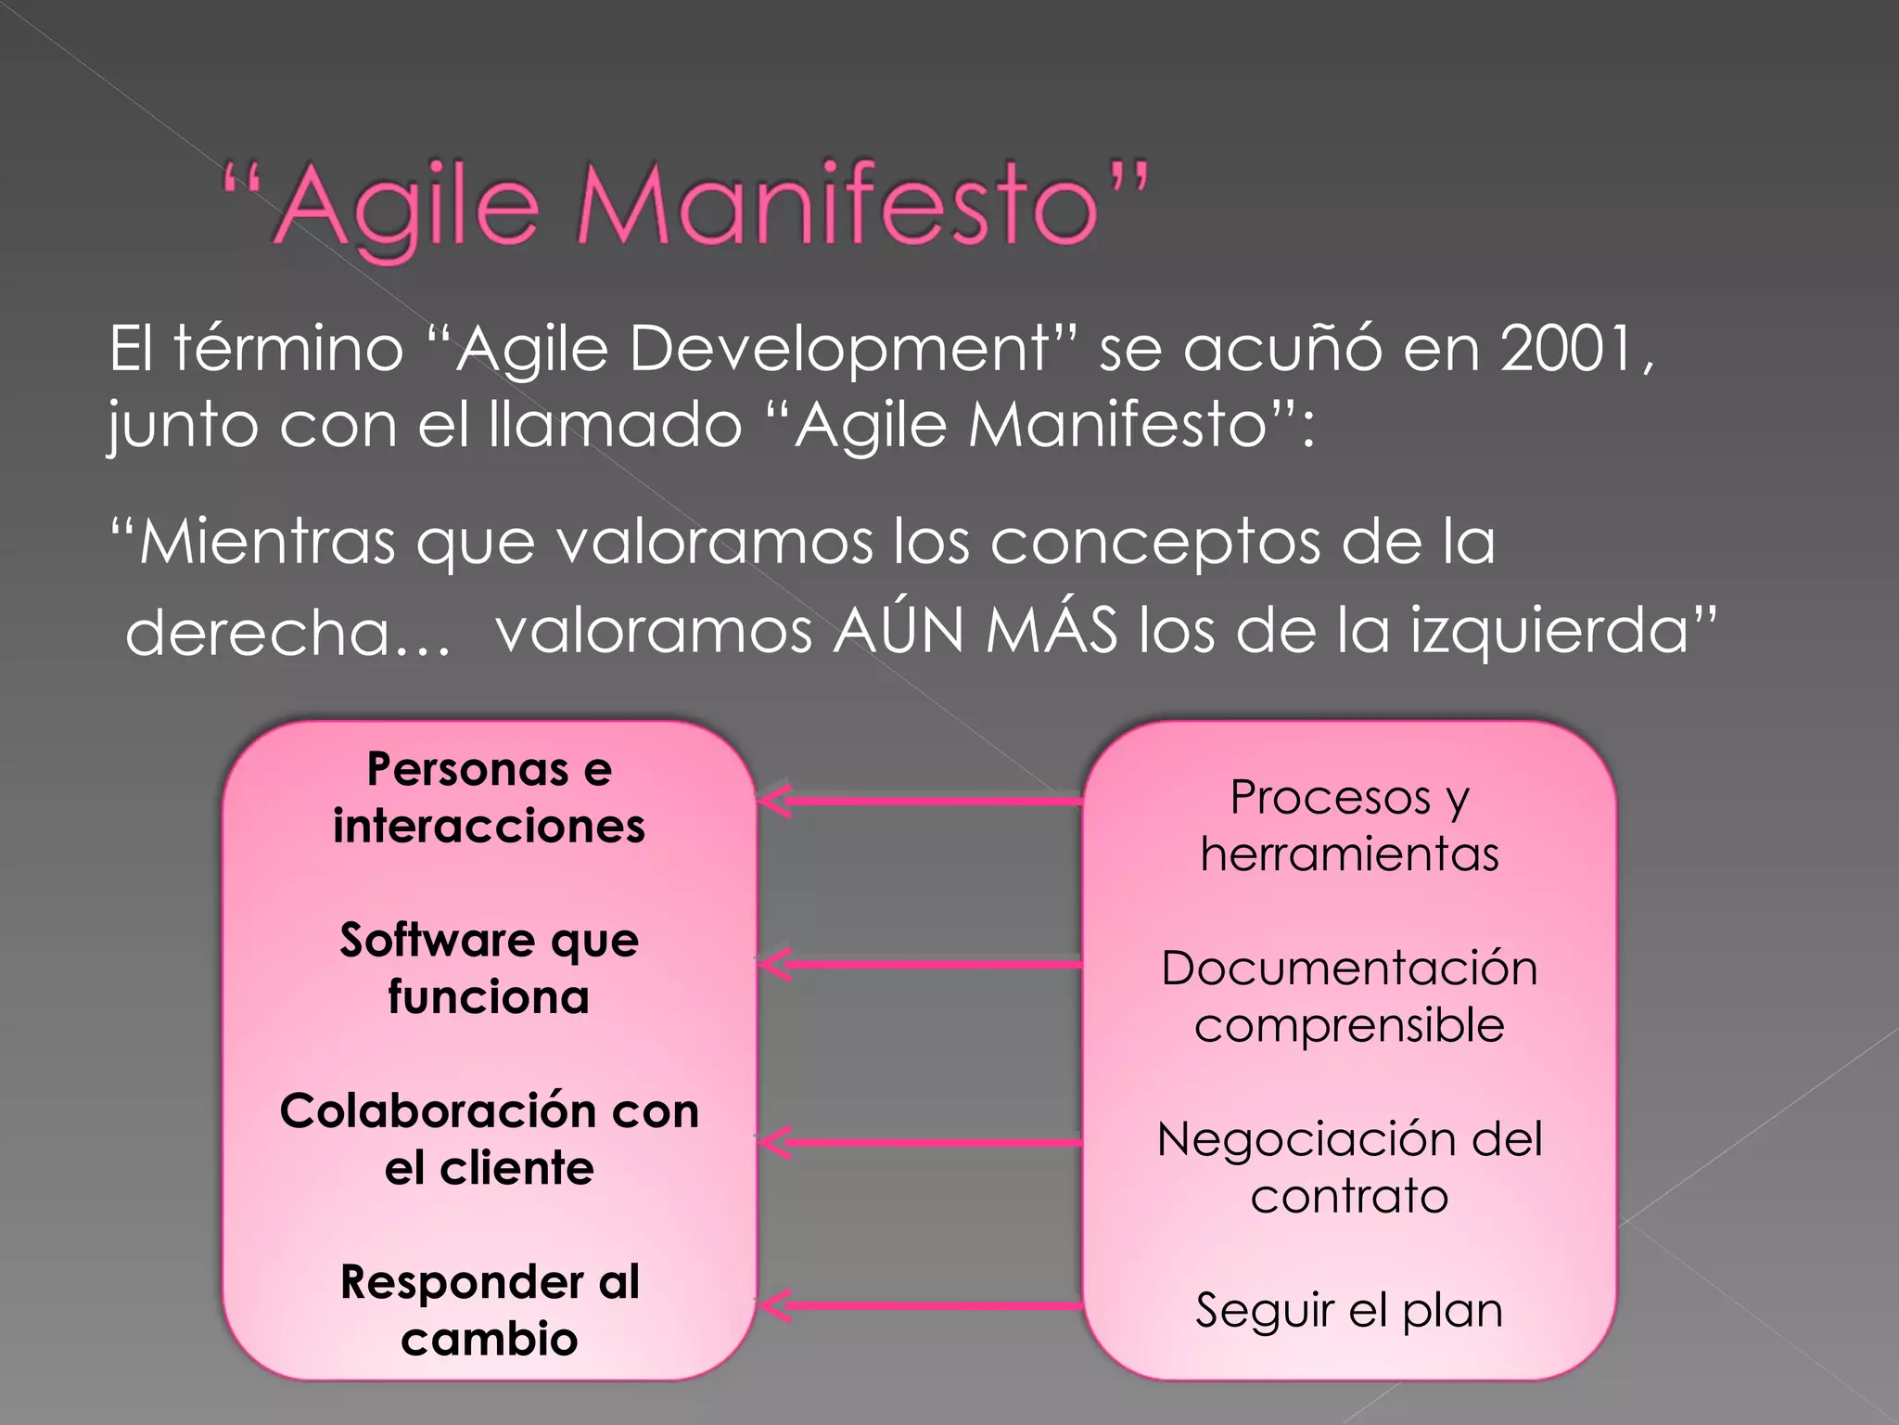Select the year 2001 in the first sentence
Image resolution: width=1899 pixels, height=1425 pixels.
point(1567,350)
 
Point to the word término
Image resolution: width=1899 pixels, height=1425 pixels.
point(288,350)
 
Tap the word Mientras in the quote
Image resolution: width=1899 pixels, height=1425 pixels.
point(267,541)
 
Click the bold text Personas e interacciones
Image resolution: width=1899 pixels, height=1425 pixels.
point(489,798)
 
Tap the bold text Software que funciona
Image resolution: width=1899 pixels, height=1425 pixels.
point(489,969)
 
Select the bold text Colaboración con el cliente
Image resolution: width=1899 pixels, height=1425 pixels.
point(489,1139)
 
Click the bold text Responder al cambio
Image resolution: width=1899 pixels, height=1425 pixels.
point(489,1310)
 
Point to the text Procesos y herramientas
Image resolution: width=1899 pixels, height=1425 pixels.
point(1349,826)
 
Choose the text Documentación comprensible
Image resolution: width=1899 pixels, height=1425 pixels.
point(1349,996)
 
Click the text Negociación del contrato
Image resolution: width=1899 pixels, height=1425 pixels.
point(1349,1167)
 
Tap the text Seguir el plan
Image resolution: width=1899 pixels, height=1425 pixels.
point(1349,1310)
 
